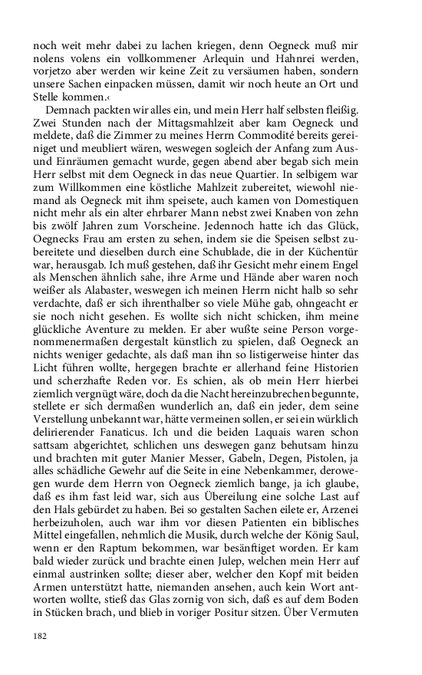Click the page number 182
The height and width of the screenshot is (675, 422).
[x=40, y=636]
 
